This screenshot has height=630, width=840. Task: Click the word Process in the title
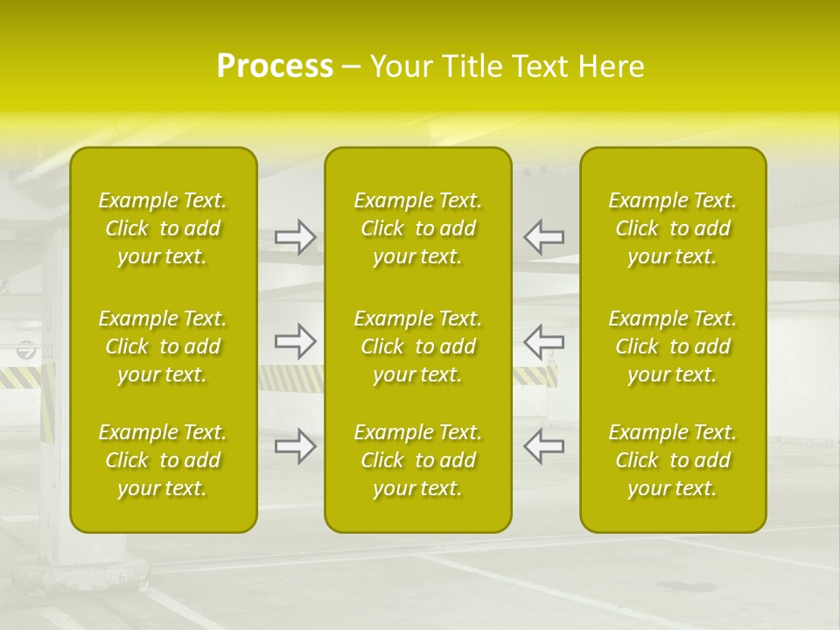tap(275, 66)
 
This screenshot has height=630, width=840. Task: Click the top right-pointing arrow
tap(295, 237)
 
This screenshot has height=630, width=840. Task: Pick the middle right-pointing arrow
tap(295, 341)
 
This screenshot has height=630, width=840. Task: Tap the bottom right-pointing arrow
tap(295, 446)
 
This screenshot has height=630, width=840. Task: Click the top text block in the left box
tap(163, 228)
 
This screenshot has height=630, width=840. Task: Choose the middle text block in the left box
tap(163, 346)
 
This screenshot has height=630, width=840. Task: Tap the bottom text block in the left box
tap(163, 460)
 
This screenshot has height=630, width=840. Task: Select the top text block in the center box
tap(418, 228)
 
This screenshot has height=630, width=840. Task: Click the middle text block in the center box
tap(418, 346)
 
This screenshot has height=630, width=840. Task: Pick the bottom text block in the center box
tap(418, 460)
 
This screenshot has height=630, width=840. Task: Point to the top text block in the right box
tap(673, 228)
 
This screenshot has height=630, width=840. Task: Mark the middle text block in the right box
tap(673, 346)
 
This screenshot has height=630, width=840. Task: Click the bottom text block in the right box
tap(673, 460)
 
